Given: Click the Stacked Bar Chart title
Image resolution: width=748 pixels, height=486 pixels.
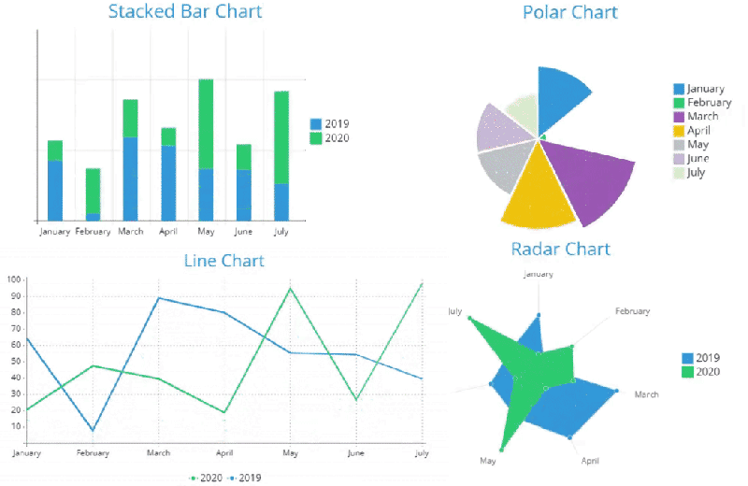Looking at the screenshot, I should [185, 12].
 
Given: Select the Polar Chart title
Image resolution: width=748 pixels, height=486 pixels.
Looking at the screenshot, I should [569, 12].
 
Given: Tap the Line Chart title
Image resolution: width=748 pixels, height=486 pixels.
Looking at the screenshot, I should [223, 261].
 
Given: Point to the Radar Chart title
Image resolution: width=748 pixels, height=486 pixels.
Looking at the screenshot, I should [560, 249].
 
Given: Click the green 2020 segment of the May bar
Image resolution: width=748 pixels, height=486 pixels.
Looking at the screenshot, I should [206, 123].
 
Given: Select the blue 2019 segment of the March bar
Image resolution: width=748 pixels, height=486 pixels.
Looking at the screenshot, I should [130, 178].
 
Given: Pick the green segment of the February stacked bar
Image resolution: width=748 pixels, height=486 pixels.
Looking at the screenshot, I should [93, 191].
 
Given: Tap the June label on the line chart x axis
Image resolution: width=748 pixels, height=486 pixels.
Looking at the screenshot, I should [355, 453].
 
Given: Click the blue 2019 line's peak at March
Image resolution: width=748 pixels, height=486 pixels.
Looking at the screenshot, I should [159, 298].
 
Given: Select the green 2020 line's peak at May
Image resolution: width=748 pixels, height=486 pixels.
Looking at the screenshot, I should [291, 288].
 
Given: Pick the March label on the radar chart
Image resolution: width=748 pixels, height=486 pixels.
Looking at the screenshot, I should [646, 394].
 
